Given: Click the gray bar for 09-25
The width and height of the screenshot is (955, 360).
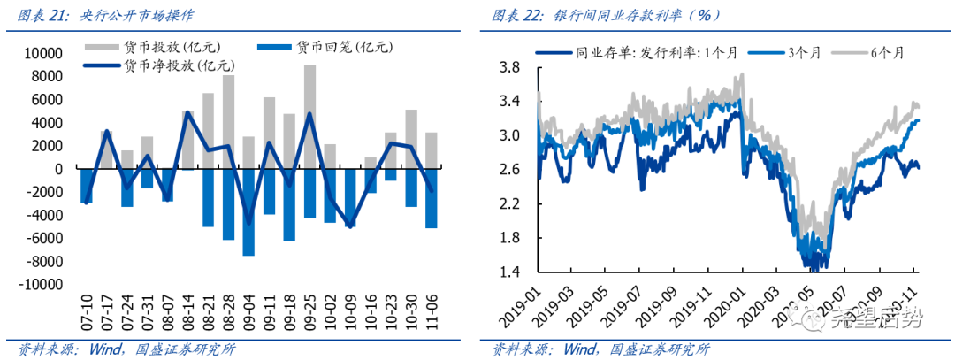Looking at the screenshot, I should click(309, 116).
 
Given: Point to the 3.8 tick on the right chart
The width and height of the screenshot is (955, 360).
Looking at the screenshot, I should click(508, 67).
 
